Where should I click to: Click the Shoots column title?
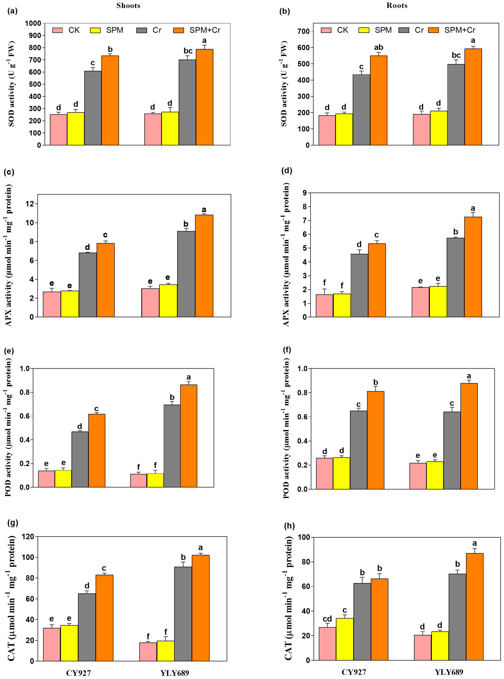128,6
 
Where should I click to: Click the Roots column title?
397,6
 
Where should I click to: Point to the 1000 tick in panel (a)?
33,23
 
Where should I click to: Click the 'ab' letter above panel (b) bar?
379,47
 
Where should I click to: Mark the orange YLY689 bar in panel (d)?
473,267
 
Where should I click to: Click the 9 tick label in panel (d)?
305,193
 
